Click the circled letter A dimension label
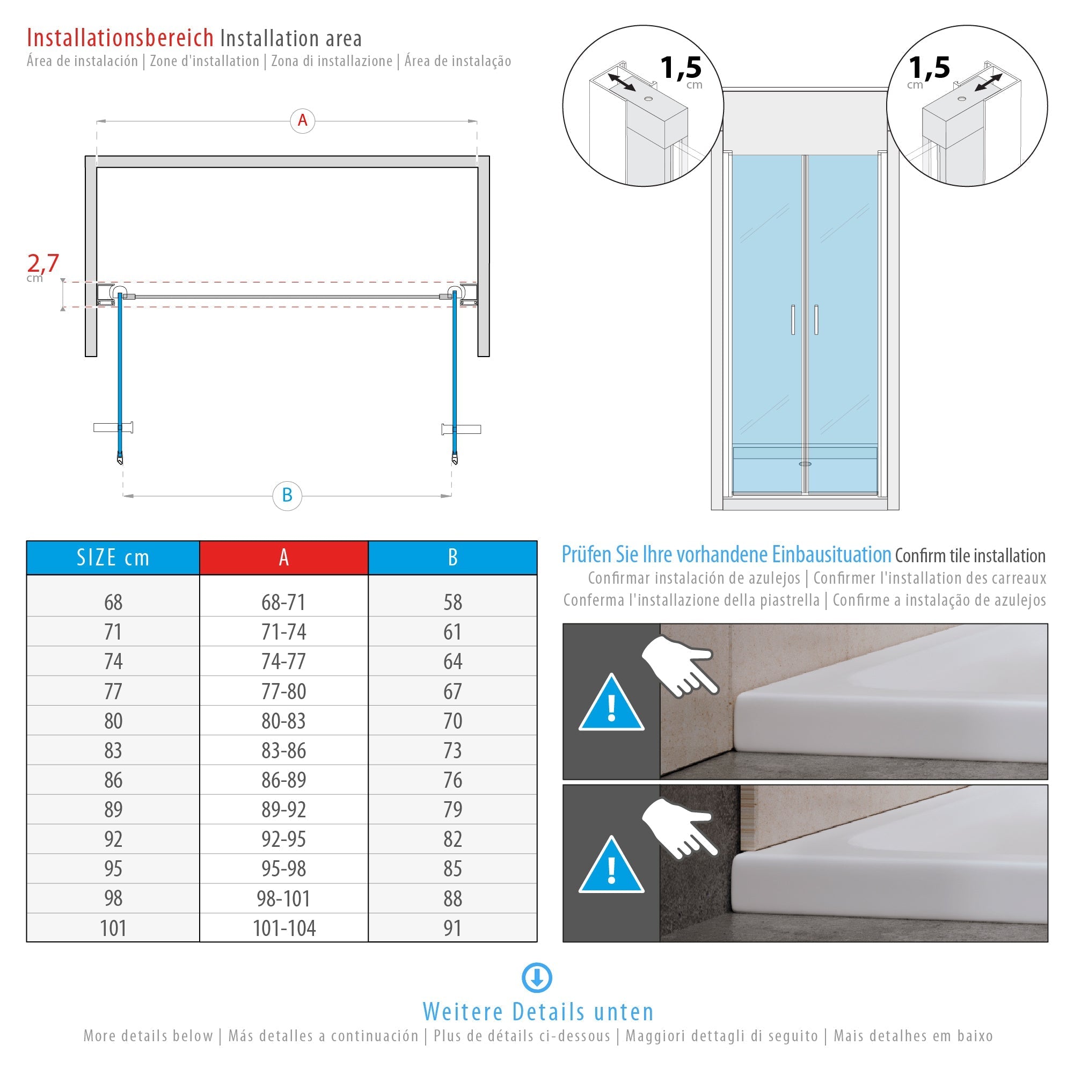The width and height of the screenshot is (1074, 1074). pyautogui.click(x=302, y=121)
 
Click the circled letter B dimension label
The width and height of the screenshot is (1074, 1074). pyautogui.click(x=287, y=496)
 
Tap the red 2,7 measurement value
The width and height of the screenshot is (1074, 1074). pyautogui.click(x=43, y=263)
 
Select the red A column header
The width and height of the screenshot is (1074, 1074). pyautogui.click(x=283, y=557)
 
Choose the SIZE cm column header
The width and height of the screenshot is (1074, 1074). pyautogui.click(x=113, y=557)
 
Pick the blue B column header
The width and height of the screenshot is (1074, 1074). pyautogui.click(x=452, y=557)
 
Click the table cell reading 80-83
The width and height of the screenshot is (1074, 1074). pyautogui.click(x=283, y=721)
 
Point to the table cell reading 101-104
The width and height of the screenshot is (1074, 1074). pyautogui.click(x=284, y=928)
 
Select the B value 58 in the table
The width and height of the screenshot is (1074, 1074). pyautogui.click(x=452, y=603)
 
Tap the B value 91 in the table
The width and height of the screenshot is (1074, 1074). pyautogui.click(x=452, y=928)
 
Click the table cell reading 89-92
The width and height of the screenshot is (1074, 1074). pyautogui.click(x=283, y=809)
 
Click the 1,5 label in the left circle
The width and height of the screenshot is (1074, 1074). pyautogui.click(x=681, y=68)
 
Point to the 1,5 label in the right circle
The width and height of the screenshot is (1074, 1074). pyautogui.click(x=929, y=68)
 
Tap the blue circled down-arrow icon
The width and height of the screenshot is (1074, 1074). pyautogui.click(x=537, y=977)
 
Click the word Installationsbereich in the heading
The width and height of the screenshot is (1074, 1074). pyautogui.click(x=120, y=38)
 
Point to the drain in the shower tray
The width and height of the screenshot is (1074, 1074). pyautogui.click(x=805, y=463)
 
